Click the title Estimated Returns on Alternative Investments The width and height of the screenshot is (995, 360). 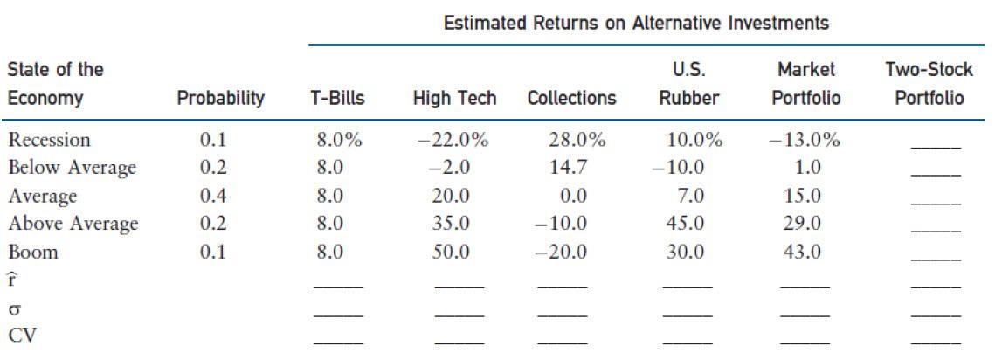coord(635,24)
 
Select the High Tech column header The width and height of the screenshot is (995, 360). coord(454,99)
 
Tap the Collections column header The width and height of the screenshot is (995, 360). coord(571,99)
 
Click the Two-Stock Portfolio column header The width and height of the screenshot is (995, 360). coord(929,84)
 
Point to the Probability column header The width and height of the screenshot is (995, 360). coord(221,99)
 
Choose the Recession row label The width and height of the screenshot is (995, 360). coord(50,140)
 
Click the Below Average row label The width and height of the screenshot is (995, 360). coord(73,168)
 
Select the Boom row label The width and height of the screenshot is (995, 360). coord(33,252)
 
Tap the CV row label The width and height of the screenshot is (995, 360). coord(23,336)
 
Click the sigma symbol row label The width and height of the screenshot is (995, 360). coord(14,308)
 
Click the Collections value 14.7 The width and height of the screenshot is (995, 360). coord(568,168)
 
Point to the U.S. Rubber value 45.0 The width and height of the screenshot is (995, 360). coord(686,224)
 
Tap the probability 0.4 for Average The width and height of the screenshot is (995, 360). coord(213,196)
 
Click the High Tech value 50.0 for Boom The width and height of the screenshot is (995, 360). coord(452,252)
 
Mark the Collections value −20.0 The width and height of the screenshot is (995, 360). coord(563,252)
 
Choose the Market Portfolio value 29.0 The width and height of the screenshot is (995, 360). coord(803,224)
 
